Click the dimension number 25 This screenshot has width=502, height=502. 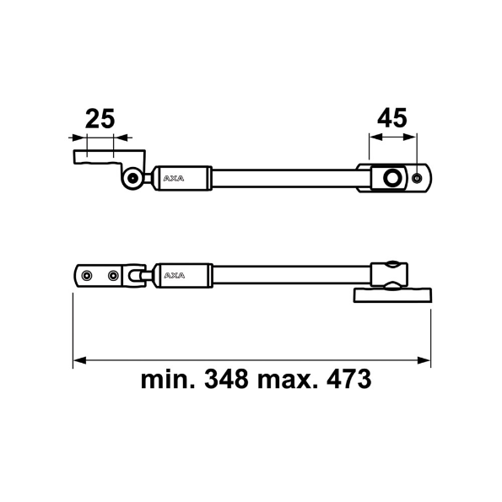100,119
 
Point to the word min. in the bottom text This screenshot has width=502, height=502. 165,379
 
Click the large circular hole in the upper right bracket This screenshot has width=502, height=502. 391,178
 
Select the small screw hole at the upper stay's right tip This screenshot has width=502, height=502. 418,178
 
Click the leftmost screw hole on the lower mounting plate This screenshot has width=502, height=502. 88,275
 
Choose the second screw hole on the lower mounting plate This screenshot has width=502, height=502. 112,275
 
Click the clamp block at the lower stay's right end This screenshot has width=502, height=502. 391,273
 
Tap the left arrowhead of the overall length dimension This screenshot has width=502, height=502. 78,360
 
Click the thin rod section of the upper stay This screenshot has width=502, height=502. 283,178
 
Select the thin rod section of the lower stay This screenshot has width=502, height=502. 287,275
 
